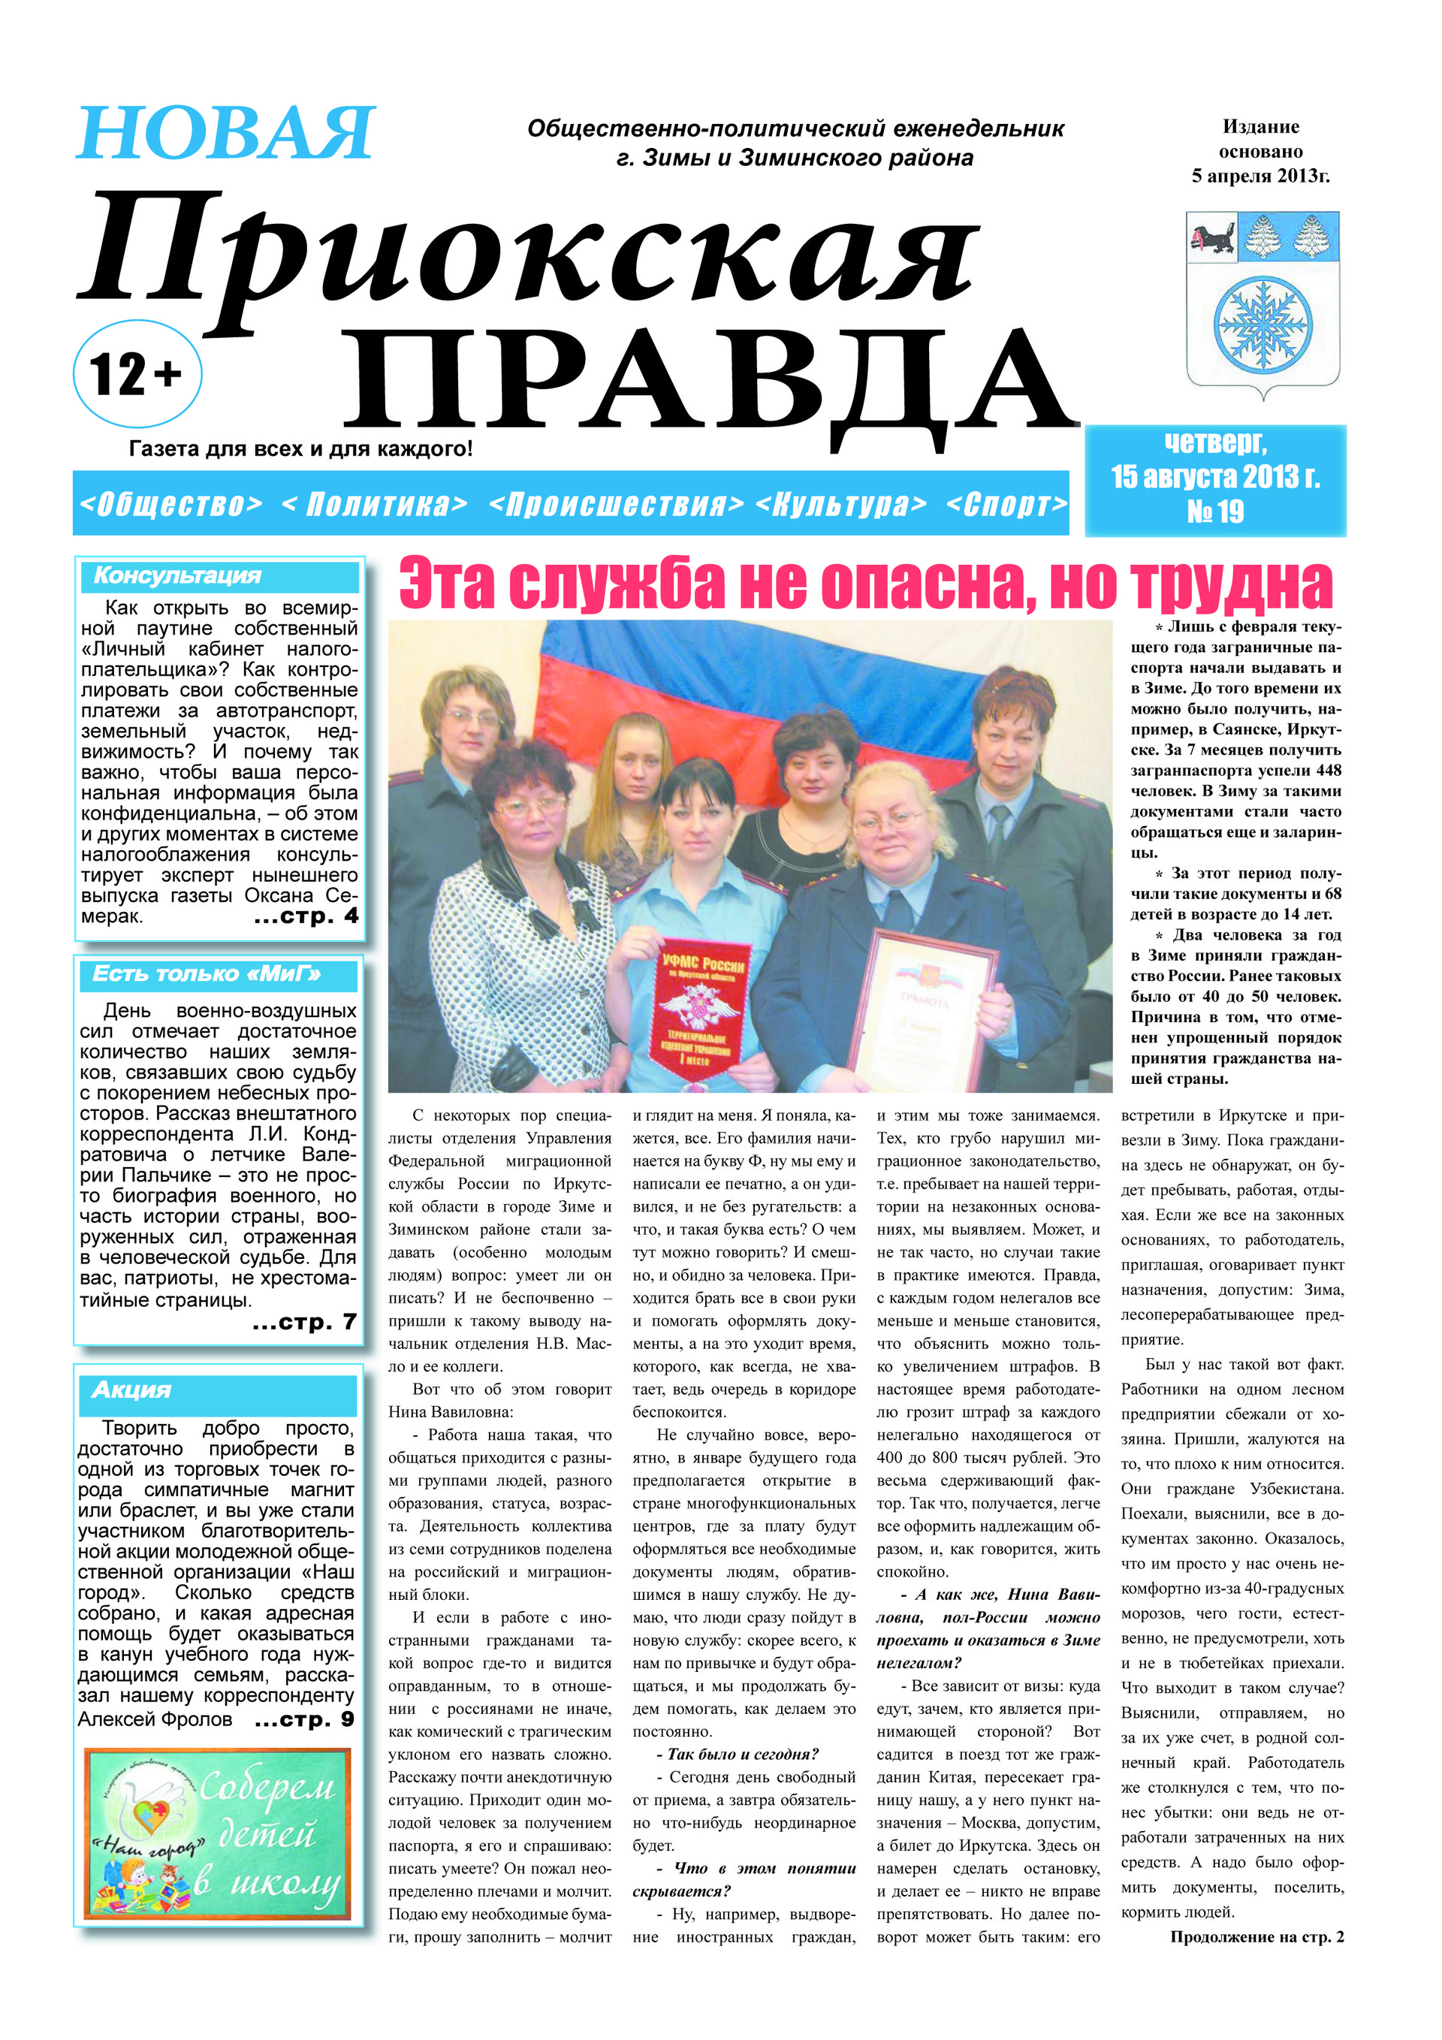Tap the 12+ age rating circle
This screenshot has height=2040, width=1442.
[137, 374]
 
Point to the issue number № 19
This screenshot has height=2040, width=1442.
[1214, 512]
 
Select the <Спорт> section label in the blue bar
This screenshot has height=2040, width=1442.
[1006, 505]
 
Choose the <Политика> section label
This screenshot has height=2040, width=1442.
[374, 505]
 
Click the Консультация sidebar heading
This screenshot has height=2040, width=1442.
[178, 576]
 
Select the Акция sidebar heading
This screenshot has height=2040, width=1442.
[131, 1390]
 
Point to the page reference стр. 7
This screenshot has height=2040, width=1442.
[305, 1322]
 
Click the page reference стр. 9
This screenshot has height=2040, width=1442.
[305, 1719]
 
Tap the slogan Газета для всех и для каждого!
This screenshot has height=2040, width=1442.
[300, 448]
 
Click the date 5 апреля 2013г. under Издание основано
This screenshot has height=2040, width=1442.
[1259, 176]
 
